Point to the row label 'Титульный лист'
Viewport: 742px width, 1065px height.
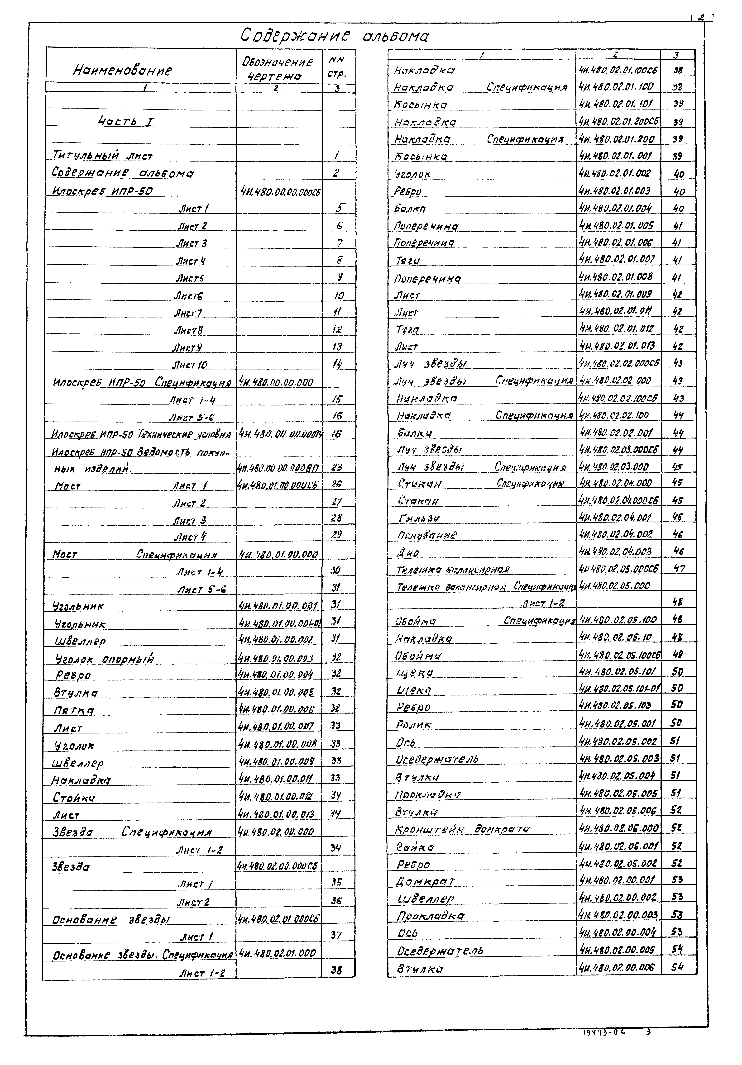coord(103,155)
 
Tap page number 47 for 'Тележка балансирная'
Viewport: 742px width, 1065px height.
coord(678,568)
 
